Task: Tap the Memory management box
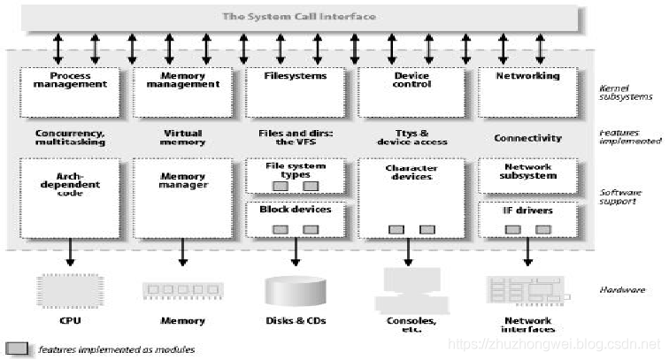click(x=183, y=92)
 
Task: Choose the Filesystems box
click(x=296, y=92)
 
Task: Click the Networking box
click(x=528, y=92)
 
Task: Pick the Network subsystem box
click(x=528, y=177)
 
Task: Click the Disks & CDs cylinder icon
click(x=296, y=289)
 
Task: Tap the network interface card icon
click(x=528, y=290)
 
